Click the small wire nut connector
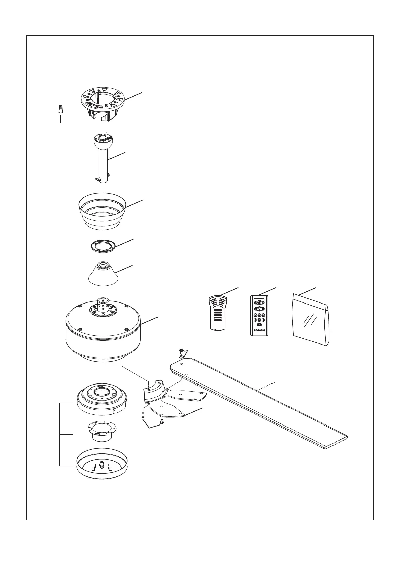[x=60, y=109]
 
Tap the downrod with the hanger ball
[x=103, y=161]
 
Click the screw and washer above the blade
[x=181, y=354]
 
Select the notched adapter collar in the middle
[x=101, y=431]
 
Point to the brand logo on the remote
[x=259, y=330]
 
